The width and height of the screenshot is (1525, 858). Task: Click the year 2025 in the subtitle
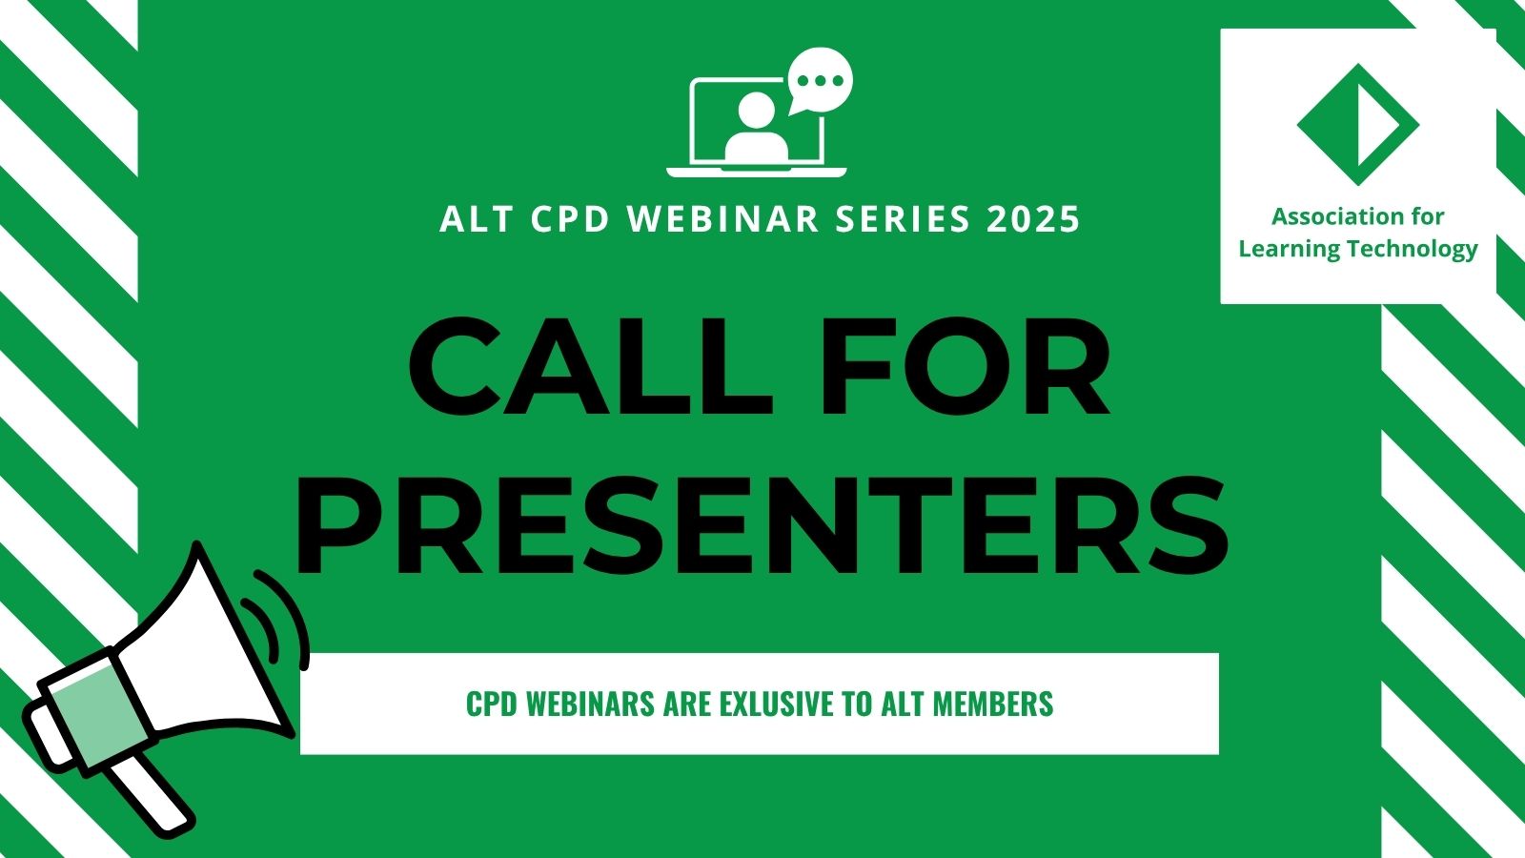(1033, 219)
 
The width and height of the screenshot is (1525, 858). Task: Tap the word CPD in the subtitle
(570, 219)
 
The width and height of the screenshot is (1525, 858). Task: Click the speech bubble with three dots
(819, 81)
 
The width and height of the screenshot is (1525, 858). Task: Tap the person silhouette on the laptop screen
(757, 129)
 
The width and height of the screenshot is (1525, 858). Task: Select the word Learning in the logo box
(1289, 250)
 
